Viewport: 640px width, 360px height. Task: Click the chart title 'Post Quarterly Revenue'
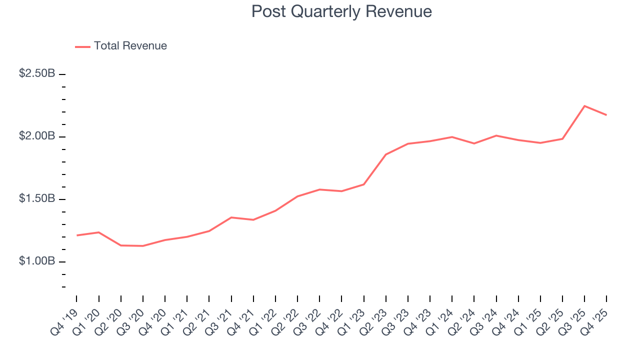[341, 11]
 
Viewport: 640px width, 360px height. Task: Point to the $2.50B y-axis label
[37, 73]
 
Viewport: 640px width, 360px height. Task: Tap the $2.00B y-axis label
[37, 136]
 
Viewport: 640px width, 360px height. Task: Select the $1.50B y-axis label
[37, 198]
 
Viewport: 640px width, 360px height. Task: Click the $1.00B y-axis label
[37, 261]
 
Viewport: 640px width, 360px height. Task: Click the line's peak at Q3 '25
[584, 106]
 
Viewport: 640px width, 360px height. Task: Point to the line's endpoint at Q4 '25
[606, 115]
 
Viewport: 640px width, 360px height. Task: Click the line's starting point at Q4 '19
[76, 235]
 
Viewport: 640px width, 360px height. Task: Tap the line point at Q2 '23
[385, 154]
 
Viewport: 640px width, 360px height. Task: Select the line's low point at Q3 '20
[143, 246]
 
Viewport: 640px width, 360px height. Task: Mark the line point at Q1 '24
[452, 137]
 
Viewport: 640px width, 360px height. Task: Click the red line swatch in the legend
[82, 46]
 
